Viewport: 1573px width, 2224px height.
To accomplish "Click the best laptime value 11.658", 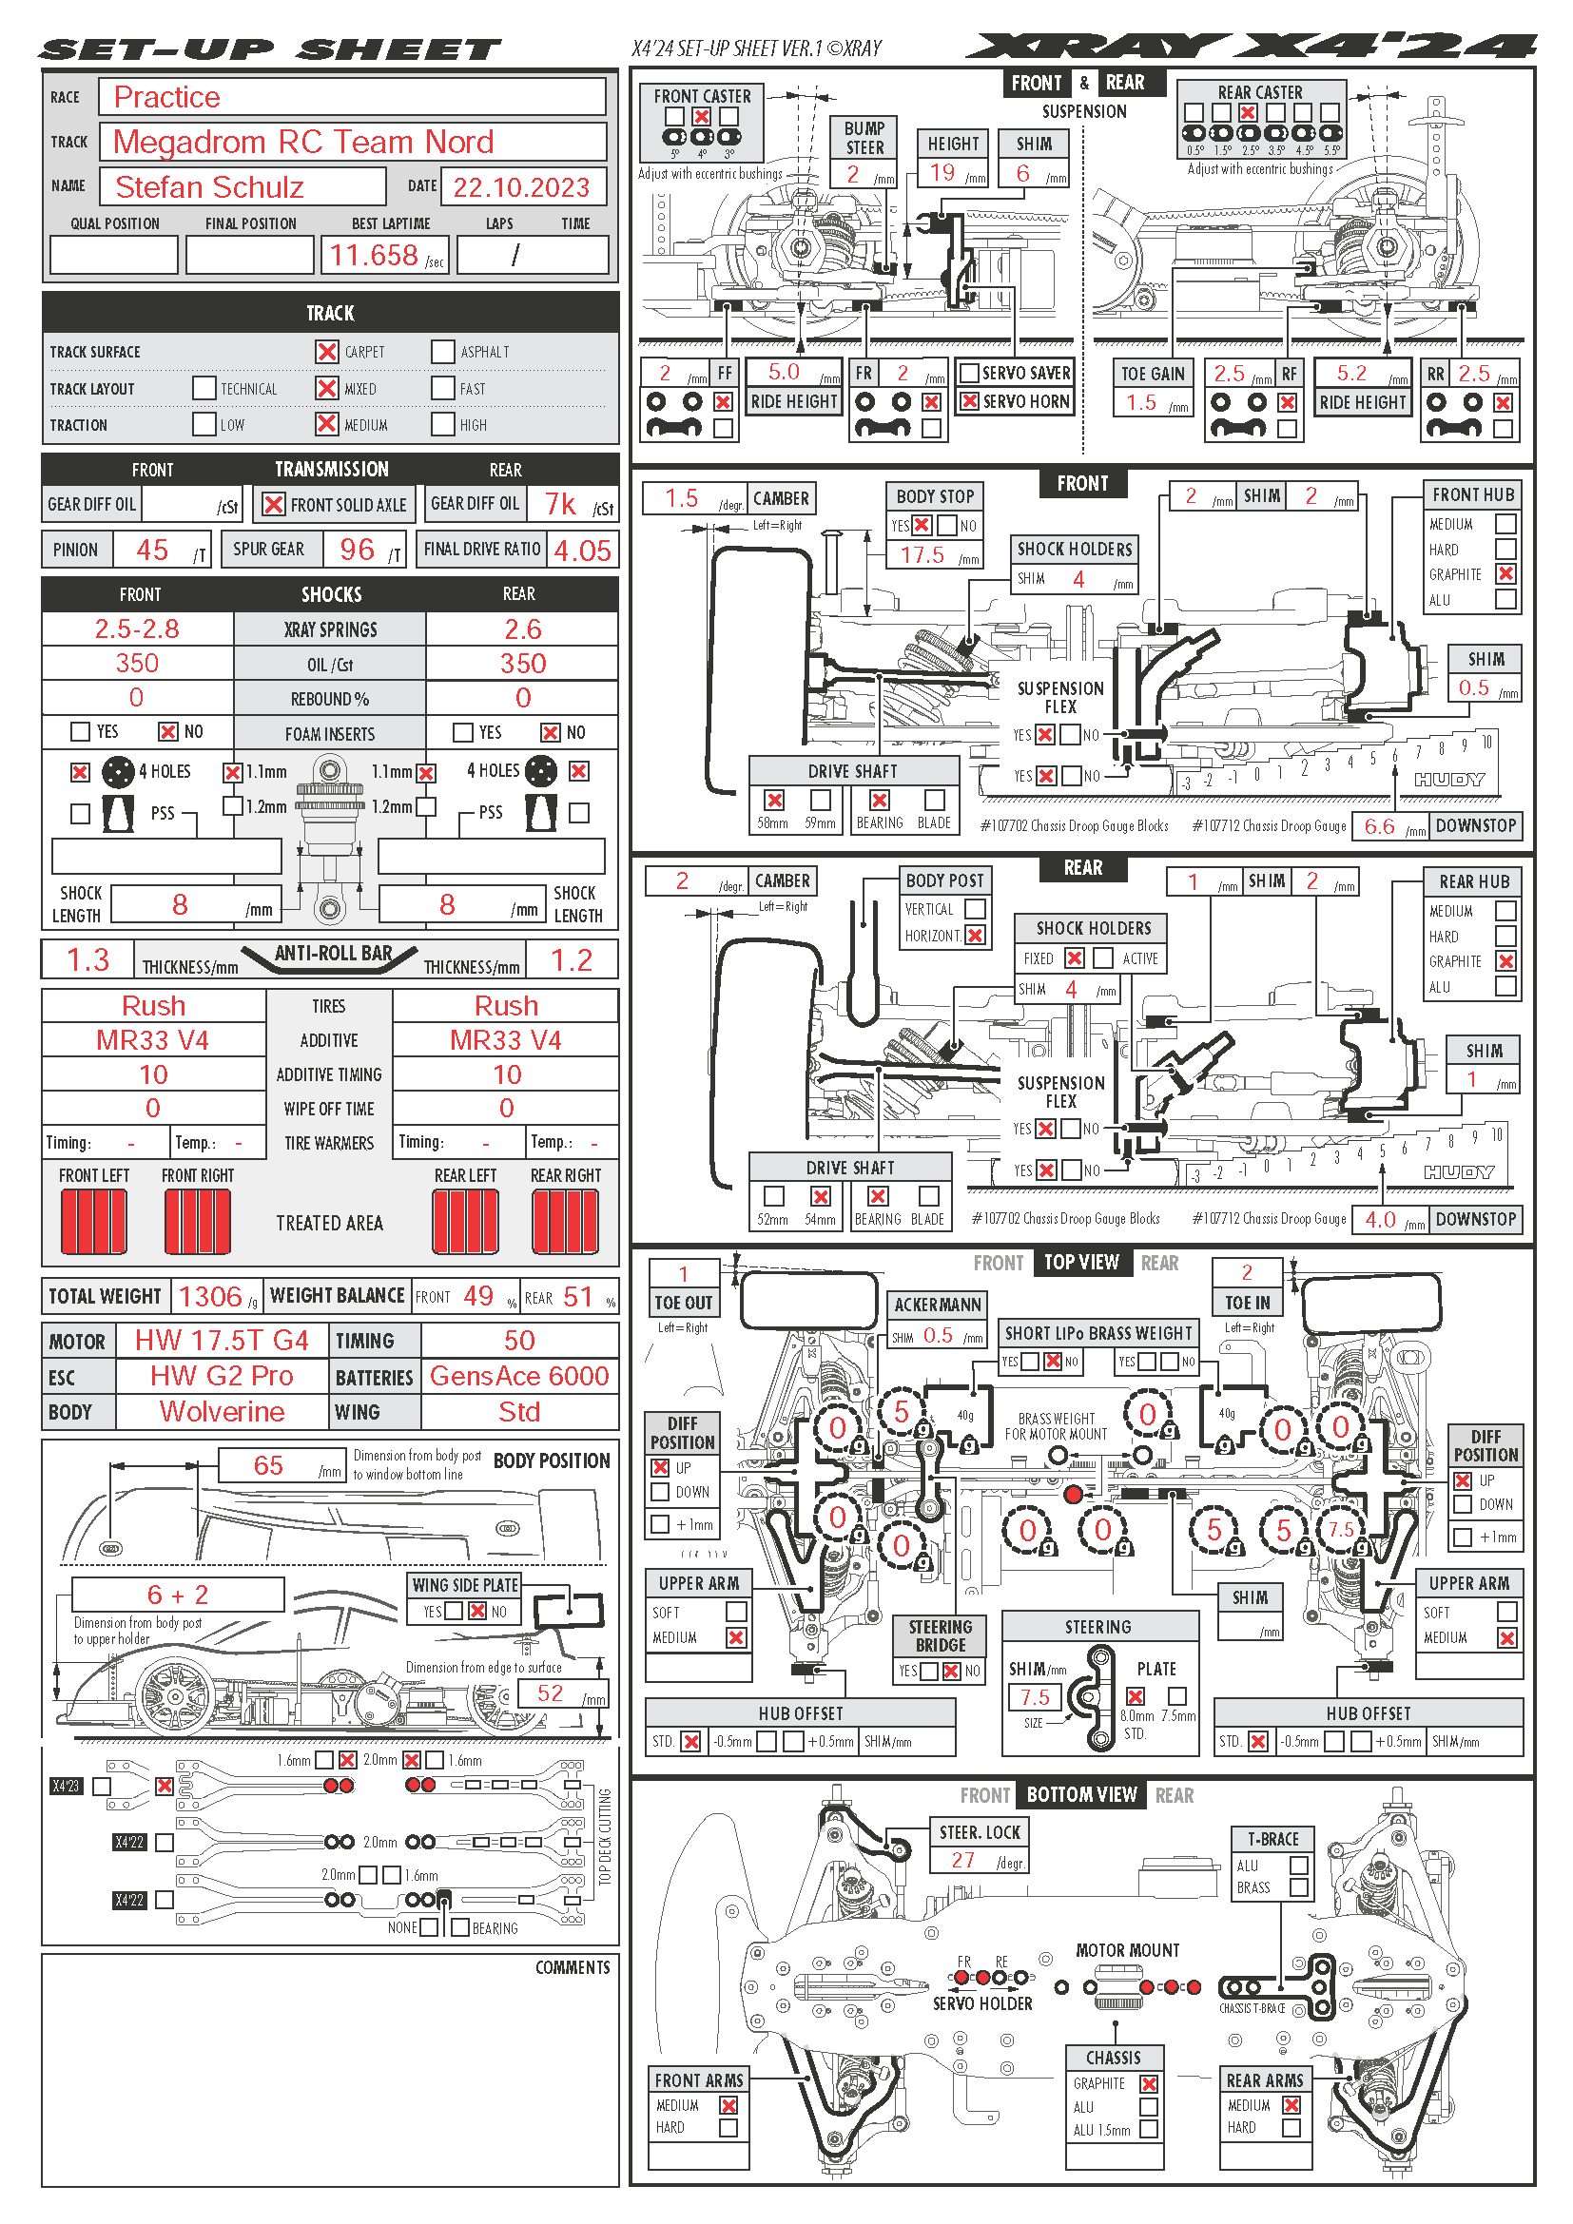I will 374,256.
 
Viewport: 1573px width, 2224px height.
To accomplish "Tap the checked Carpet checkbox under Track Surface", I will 327,352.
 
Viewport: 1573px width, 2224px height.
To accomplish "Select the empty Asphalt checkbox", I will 442,352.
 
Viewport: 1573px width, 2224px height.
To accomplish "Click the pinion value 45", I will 152,551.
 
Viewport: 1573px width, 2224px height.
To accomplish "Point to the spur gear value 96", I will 357,551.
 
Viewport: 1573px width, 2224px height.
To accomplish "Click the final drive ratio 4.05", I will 582,551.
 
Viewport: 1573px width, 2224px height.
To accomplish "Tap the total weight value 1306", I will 210,1296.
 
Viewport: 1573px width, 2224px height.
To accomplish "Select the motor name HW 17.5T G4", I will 222,1341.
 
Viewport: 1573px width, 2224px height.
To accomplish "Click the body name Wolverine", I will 222,1411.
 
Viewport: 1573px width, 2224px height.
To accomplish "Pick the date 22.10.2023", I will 521,187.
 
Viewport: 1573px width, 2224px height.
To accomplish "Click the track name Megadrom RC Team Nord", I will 303,143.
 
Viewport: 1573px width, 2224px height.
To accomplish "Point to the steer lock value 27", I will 962,1860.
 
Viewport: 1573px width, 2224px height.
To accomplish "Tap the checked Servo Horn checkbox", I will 968,401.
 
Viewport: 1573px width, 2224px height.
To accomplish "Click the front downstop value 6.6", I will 1379,826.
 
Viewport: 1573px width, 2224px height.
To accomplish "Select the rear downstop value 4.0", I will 1379,1220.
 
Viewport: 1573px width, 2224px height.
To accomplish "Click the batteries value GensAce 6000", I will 519,1377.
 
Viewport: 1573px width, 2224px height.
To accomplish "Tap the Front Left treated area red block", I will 94,1221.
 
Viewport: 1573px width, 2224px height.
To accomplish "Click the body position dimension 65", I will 268,1465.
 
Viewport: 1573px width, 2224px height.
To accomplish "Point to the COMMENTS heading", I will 573,1967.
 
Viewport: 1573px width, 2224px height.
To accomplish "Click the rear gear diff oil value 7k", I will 560,505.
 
